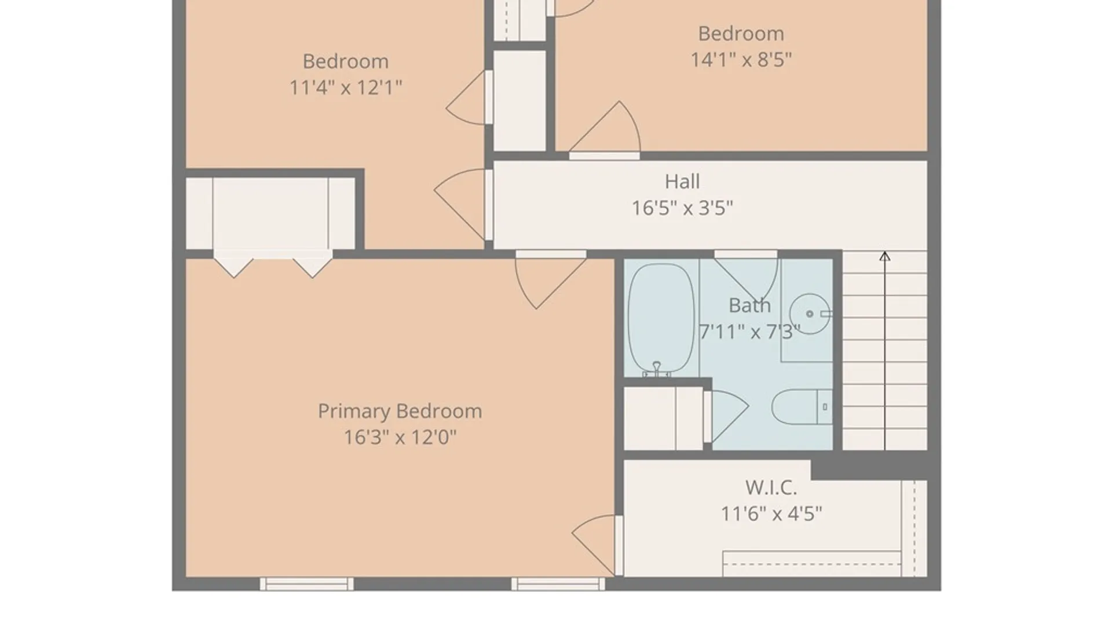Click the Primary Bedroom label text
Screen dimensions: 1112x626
click(x=400, y=412)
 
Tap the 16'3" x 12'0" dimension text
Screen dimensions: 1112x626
click(x=400, y=437)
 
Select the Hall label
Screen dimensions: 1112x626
click(x=682, y=181)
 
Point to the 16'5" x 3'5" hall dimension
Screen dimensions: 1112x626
click(x=682, y=208)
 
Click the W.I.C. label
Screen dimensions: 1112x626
click(x=771, y=487)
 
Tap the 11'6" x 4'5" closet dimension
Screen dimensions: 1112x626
click(x=771, y=514)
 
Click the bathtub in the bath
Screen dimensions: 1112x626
click(x=661, y=319)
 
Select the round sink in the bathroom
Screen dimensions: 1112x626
click(x=810, y=314)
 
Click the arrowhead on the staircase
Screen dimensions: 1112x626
click(x=884, y=256)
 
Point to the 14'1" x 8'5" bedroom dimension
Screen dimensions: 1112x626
click(x=741, y=60)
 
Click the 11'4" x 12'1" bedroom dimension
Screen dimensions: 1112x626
click(x=346, y=88)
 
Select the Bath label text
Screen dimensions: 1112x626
click(x=749, y=305)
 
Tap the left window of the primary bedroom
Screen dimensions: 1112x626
click(x=306, y=584)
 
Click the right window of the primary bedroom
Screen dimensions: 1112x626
click(x=558, y=584)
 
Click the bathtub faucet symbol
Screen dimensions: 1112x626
click(x=657, y=369)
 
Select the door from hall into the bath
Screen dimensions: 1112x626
click(x=745, y=275)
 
